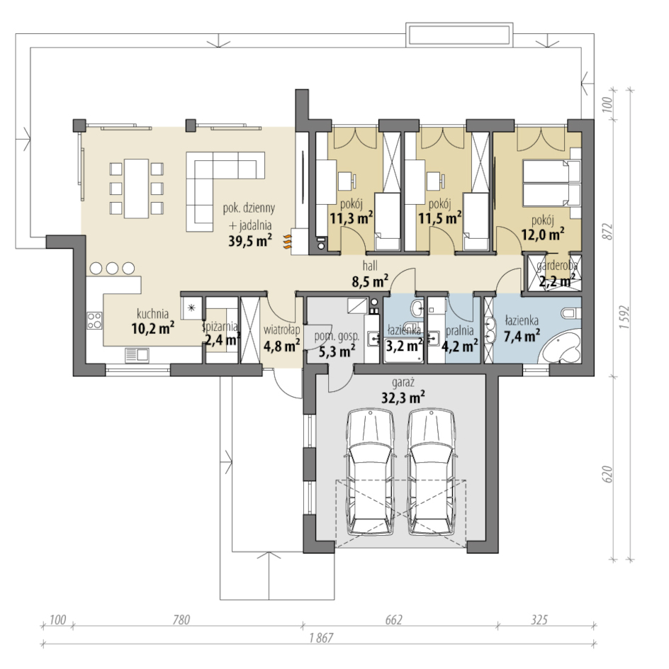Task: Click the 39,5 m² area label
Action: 250,241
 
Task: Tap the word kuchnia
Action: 152,314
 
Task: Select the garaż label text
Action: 403,383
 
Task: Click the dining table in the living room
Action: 136,189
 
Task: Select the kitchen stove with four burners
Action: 95,320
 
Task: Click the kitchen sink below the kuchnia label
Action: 137,354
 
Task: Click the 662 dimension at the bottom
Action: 393,619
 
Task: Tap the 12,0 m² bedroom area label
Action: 543,235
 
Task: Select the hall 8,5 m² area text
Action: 370,274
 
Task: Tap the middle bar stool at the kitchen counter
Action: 112,268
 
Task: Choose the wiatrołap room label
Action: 281,330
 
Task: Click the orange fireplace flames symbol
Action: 288,240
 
